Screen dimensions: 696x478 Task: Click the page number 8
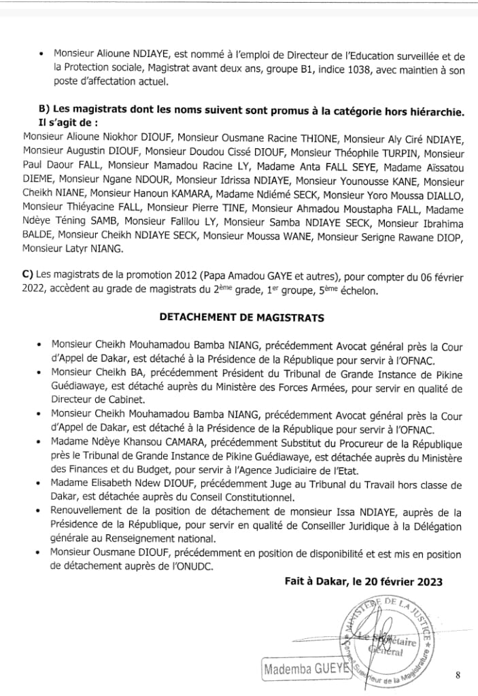coord(458,675)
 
